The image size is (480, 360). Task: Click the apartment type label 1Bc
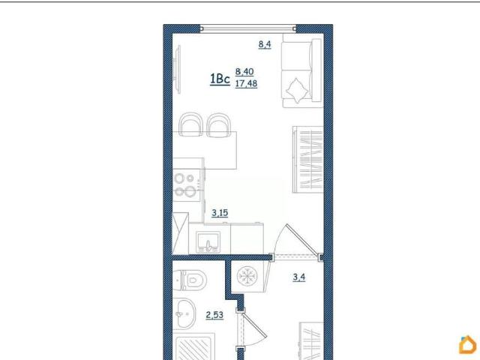coord(220,79)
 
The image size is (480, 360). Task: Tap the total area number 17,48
coord(246,83)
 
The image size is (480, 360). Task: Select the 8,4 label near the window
coord(265,44)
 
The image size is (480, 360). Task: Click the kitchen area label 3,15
coord(220,212)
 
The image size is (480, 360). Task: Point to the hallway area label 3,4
coord(299,277)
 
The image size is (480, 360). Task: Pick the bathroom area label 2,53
coord(214,315)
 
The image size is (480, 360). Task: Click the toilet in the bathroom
coord(190,280)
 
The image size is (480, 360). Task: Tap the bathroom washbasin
coord(184,313)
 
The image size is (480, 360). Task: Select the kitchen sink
coord(208,241)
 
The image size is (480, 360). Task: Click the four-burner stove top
coord(185,184)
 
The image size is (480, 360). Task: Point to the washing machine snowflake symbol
coord(247,275)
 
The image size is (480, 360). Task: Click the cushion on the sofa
coord(297,90)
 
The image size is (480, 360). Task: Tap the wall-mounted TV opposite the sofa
coord(177,69)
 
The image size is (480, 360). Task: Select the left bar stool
coord(191,124)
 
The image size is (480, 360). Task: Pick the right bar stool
coord(218,125)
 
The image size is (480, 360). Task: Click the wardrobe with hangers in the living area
coord(308,160)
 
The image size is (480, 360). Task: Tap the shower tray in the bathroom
coord(193,346)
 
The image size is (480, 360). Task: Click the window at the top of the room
coord(248,28)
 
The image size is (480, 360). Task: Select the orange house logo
coord(468,345)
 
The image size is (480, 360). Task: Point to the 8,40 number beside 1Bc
coord(244,72)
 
